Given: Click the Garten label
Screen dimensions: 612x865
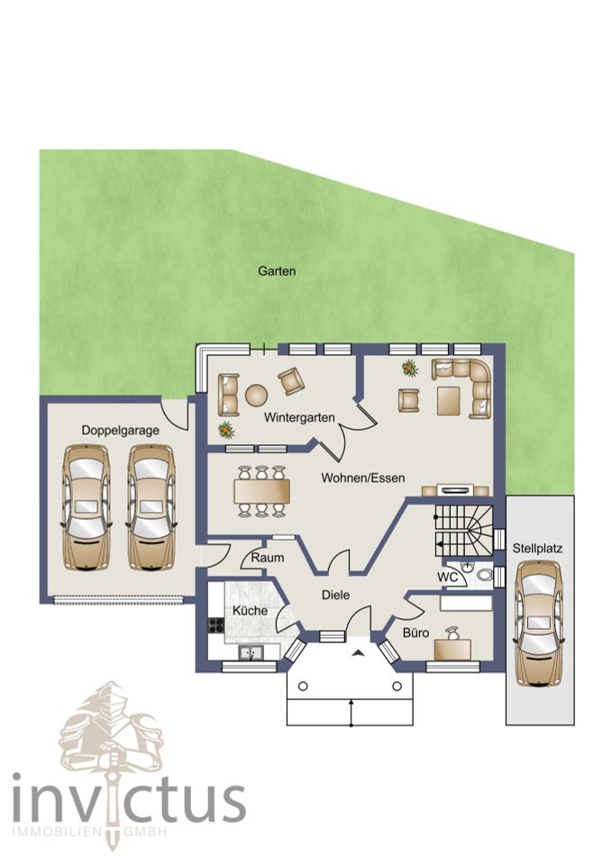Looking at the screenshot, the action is click(x=277, y=271).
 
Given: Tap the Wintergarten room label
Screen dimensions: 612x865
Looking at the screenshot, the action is click(x=299, y=417).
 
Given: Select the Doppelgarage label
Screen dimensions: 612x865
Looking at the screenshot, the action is click(x=120, y=431).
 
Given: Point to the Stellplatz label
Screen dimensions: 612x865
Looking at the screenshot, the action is click(x=537, y=549).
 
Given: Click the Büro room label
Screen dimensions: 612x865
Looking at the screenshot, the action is click(x=416, y=633).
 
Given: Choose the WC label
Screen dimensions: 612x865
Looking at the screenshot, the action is click(x=447, y=577).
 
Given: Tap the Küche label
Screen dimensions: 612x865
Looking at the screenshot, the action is click(x=250, y=611).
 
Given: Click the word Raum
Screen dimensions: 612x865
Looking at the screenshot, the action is click(x=268, y=558).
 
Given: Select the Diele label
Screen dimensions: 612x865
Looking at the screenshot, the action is click(x=335, y=595).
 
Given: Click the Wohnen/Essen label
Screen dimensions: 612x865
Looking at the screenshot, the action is click(x=363, y=478).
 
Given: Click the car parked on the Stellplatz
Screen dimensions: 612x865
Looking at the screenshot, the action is click(x=538, y=624).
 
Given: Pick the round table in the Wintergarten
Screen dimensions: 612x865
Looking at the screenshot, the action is click(x=256, y=395).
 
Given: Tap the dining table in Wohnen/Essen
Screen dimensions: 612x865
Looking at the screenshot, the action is click(x=261, y=491).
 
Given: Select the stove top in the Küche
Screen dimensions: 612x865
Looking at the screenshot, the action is click(x=215, y=625).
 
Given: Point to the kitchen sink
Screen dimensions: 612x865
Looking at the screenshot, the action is click(x=251, y=653).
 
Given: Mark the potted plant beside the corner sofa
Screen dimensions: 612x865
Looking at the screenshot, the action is click(x=409, y=368).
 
